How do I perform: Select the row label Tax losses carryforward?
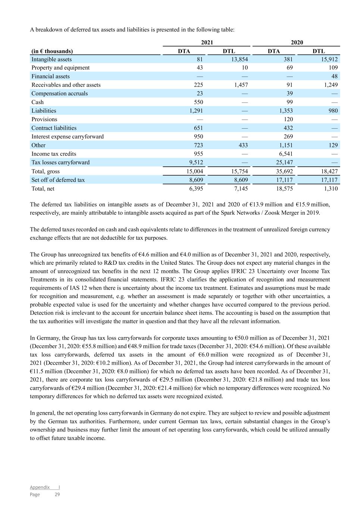pyautogui.click(x=60, y=162)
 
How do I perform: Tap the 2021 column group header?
pyautogui.click(x=207, y=43)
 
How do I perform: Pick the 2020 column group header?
pyautogui.click(x=297, y=43)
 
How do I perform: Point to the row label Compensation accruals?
pyautogui.click(x=60, y=93)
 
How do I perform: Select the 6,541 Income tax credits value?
pyautogui.click(x=285, y=154)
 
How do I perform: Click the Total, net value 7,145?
pyautogui.click(x=240, y=189)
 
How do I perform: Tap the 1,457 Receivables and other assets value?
pyautogui.click(x=241, y=85)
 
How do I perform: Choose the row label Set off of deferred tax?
pyautogui.click(x=58, y=180)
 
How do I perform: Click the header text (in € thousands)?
pyautogui.click(x=52, y=51)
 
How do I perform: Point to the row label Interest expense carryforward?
pyautogui.click(x=68, y=136)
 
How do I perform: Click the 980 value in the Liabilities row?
pyautogui.click(x=333, y=111)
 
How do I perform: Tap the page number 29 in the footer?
pyautogui.click(x=57, y=494)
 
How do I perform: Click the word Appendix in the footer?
pyautogui.click(x=40, y=487)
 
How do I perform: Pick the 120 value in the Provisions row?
pyautogui.click(x=288, y=119)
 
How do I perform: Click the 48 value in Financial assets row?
pyautogui.click(x=334, y=76)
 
